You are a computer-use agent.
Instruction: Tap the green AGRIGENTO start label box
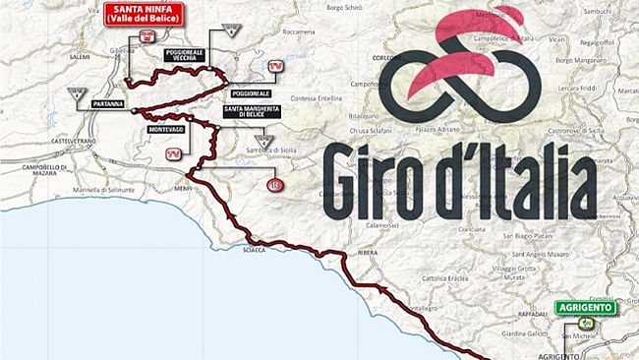tap(587, 307)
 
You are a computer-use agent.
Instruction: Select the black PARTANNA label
tap(108, 102)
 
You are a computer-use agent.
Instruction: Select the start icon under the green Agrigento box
tap(586, 323)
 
